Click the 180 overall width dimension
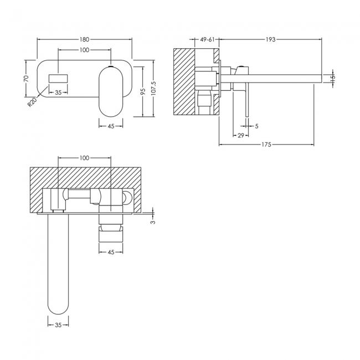pos(85,39)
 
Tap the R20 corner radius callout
pos(32,102)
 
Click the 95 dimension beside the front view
pos(142,91)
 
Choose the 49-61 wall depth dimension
pos(208,39)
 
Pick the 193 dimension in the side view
pos(270,39)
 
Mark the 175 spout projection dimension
pos(266,145)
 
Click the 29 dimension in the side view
pos(241,135)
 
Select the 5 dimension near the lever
pos(256,126)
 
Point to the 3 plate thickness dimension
pos(153,222)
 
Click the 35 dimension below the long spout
pos(58,325)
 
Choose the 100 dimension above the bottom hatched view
pos(84,158)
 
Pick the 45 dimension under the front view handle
pos(111,126)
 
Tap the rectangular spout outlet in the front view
pos(58,78)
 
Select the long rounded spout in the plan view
pos(58,266)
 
